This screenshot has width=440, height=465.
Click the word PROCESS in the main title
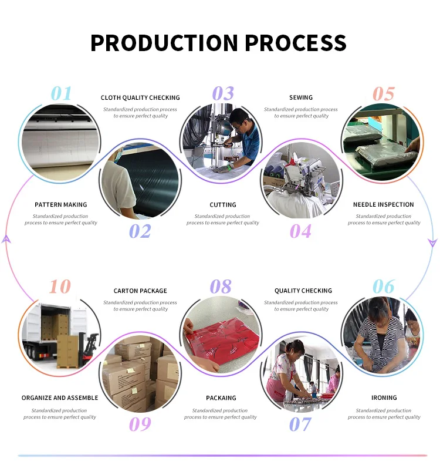(x=295, y=43)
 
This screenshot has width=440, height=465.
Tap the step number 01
(x=61, y=93)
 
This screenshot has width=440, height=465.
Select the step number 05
(x=384, y=94)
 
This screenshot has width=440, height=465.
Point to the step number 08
(x=221, y=287)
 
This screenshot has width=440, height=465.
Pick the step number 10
(x=60, y=287)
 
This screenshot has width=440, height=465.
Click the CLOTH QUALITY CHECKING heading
(x=140, y=98)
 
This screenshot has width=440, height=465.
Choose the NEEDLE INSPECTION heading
(x=384, y=205)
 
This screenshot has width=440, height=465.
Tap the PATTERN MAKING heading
(x=61, y=205)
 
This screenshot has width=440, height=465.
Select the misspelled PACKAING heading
(x=221, y=398)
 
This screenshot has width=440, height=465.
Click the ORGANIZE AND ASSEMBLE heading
(x=60, y=398)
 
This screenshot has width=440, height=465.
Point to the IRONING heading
(x=384, y=398)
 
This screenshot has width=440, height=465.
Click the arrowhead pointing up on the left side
(x=6, y=238)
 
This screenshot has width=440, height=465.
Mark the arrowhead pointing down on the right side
(x=433, y=242)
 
